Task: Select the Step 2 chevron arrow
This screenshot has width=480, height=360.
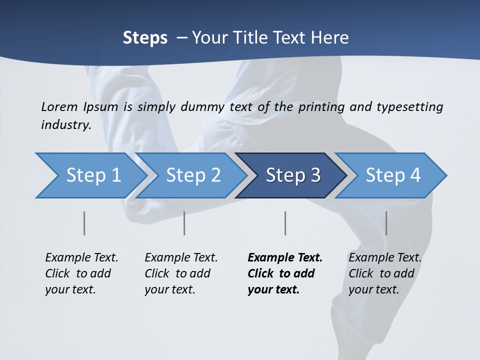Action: point(193,175)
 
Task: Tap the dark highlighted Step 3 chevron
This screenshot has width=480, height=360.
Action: point(293,175)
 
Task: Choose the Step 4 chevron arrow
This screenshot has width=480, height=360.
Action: point(393,175)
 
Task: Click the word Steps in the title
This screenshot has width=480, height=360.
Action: point(145,38)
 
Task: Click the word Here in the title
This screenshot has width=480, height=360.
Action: point(331,38)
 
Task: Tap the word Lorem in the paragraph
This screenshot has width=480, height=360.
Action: point(59,106)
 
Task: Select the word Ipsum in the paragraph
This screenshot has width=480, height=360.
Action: point(100,106)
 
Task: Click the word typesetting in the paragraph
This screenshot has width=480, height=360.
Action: point(409,106)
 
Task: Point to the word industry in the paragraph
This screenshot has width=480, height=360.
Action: point(66,124)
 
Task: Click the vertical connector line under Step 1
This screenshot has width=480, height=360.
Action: point(84,223)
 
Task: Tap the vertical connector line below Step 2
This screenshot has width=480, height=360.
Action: point(184,223)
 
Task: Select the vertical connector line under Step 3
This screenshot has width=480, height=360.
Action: point(285,223)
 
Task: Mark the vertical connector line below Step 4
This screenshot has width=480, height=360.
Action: point(386,223)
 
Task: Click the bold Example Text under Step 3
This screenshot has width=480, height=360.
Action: point(285,257)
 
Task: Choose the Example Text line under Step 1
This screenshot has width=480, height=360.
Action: point(81,257)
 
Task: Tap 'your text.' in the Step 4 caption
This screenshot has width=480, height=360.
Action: point(374,289)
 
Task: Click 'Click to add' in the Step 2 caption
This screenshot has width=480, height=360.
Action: point(177,273)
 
